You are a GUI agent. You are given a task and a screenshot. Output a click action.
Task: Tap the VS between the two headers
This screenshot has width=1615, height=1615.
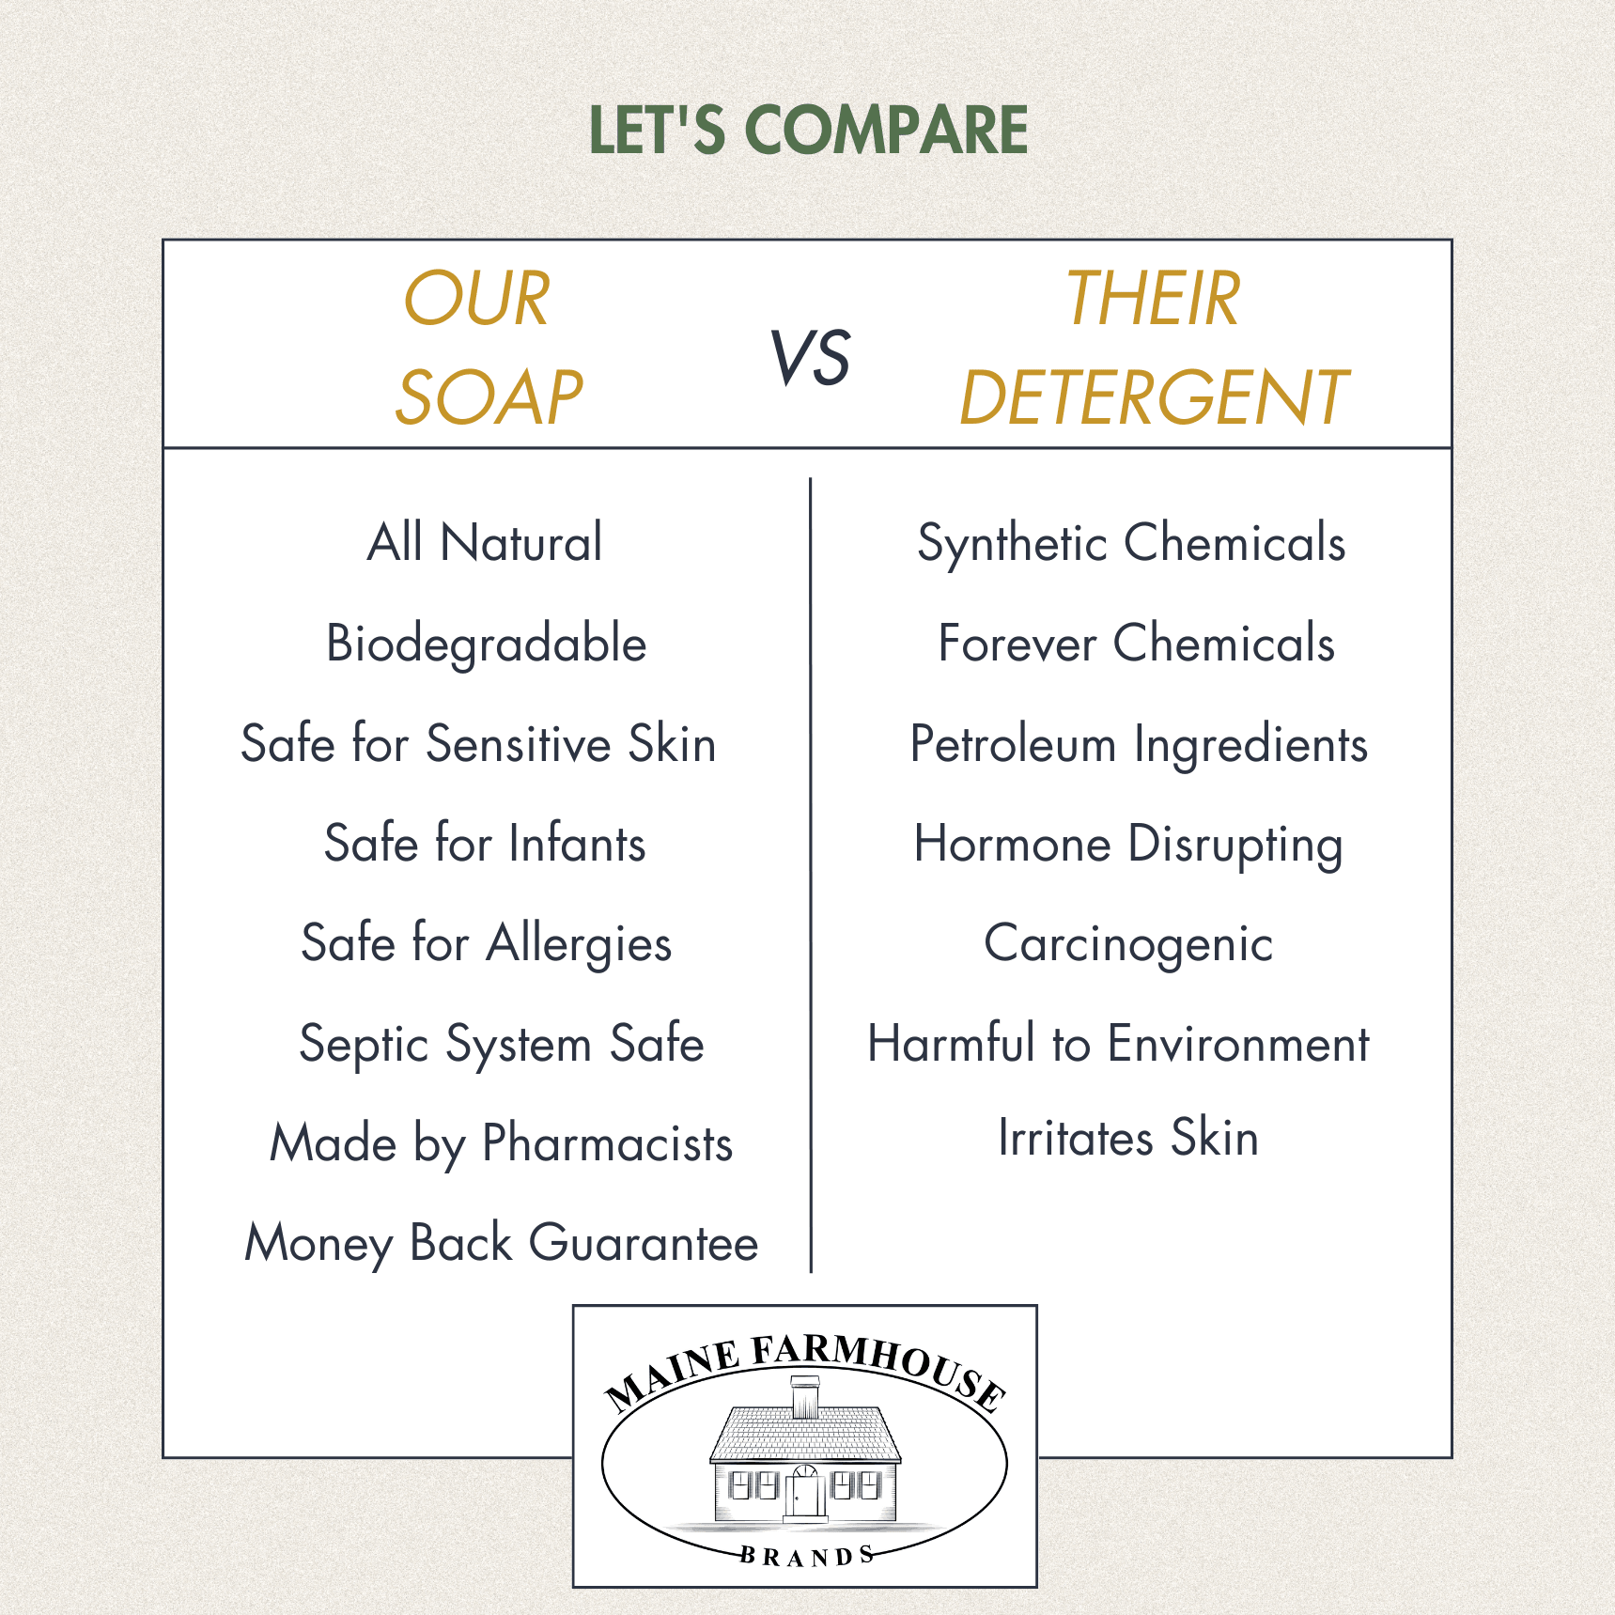(x=810, y=358)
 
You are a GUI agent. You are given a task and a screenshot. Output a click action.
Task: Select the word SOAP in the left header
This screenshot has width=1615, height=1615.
(x=489, y=397)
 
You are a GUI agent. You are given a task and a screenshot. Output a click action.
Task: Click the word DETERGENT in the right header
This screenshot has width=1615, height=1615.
(x=1154, y=397)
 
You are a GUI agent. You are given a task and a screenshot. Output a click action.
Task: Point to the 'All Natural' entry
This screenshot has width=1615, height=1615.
(x=485, y=542)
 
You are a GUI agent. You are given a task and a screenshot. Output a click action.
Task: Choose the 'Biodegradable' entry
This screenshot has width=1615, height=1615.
(x=487, y=644)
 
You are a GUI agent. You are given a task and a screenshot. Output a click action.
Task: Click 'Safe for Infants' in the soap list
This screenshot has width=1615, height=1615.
(x=485, y=843)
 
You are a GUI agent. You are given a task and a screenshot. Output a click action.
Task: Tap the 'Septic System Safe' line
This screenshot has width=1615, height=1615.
(x=502, y=1045)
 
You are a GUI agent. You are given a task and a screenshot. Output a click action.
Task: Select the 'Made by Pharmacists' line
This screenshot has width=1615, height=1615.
(x=502, y=1144)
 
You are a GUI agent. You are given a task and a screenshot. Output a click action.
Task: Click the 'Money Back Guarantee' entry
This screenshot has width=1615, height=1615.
(x=502, y=1244)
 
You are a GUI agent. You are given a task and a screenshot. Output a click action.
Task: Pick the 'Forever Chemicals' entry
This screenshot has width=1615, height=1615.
(x=1137, y=644)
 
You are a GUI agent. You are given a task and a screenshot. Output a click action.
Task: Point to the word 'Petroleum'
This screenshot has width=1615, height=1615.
(x=1013, y=744)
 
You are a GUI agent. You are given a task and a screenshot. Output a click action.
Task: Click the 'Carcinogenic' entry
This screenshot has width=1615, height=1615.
(x=1128, y=944)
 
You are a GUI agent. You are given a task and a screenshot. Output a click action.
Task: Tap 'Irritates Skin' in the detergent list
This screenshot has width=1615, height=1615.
(x=1128, y=1138)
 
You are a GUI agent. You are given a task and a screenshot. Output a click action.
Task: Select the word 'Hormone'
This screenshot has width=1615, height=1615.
(x=1013, y=844)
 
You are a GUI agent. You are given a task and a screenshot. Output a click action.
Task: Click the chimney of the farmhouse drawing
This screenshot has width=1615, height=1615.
(x=805, y=1397)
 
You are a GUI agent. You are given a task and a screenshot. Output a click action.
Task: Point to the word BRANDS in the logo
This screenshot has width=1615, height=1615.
(x=807, y=1556)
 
